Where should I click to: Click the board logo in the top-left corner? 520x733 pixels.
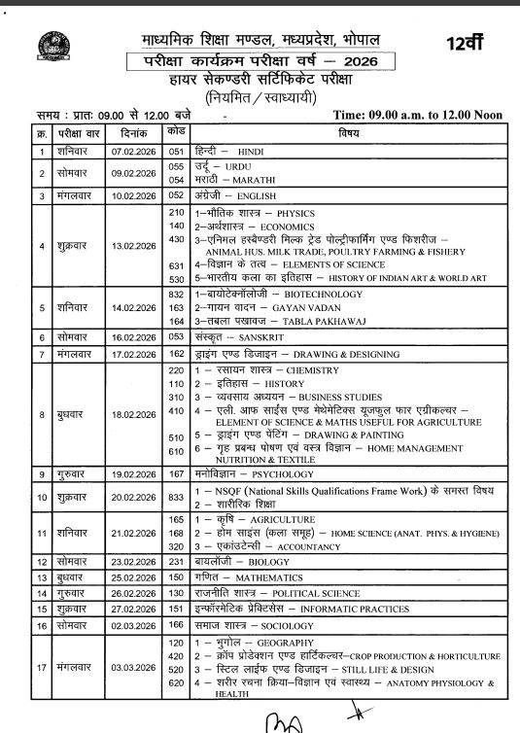pos(45,47)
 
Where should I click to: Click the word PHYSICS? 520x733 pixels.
pos(296,212)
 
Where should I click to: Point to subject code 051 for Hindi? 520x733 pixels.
pos(176,152)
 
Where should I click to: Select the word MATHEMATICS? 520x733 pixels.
pos(268,578)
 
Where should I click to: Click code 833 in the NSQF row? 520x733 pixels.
pos(176,496)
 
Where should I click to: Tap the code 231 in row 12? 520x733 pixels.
pos(176,562)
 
